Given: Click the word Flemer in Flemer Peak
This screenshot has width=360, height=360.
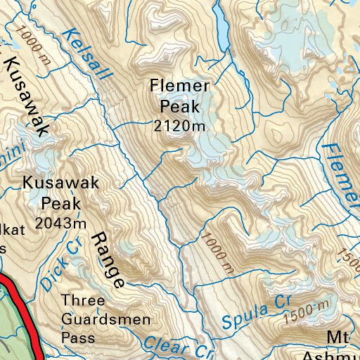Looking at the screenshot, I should (x=179, y=86).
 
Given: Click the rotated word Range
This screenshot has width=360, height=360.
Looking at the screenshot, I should (x=108, y=259).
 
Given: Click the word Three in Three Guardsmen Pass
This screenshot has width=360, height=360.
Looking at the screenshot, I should (x=82, y=302).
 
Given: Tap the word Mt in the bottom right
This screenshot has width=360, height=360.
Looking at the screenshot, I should (x=341, y=338).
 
